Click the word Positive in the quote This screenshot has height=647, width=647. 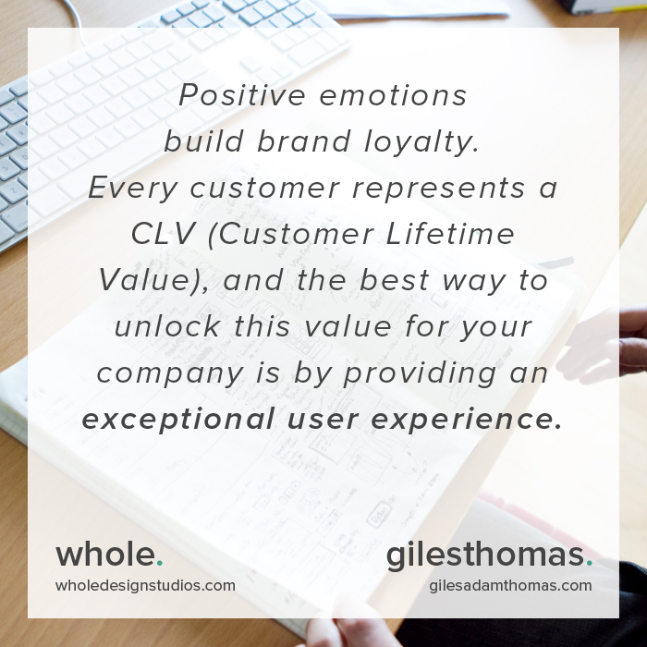coord(242,95)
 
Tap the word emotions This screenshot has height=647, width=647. coord(393,95)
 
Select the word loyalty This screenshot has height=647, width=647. coord(421,142)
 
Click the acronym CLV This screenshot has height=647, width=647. coord(162,234)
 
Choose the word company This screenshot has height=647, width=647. coord(170,374)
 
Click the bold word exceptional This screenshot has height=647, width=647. coord(178,420)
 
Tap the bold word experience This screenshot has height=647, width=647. coord(467,420)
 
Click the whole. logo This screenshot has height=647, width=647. coord(109,555)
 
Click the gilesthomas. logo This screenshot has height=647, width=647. coord(489,555)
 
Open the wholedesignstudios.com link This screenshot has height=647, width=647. coord(145,585)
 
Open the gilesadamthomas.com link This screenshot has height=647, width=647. coord(510,585)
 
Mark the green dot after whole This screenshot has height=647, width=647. coord(160,563)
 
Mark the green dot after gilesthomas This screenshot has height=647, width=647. coord(589,563)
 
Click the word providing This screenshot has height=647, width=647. coord(420,373)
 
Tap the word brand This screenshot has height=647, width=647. coord(304,141)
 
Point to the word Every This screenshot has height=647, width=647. coord(133,189)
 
